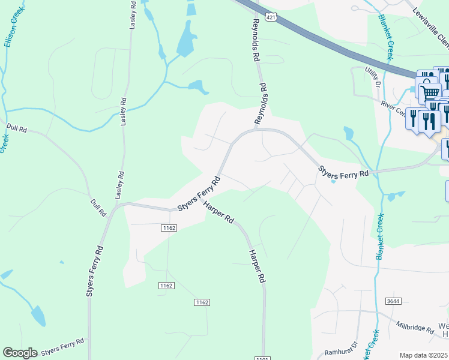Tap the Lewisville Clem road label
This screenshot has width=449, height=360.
[x=430, y=28]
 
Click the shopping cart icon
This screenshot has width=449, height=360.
[x=430, y=93]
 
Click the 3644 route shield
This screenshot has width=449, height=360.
[x=393, y=301]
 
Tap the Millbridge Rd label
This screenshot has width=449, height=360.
[x=415, y=327]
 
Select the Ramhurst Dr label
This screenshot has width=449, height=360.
[x=345, y=346]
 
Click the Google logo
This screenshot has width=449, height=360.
[x=20, y=353]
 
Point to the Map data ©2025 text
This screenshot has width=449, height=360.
[x=424, y=355]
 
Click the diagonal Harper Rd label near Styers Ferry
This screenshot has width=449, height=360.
[x=218, y=212]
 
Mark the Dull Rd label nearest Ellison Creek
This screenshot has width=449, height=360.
[x=17, y=128]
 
